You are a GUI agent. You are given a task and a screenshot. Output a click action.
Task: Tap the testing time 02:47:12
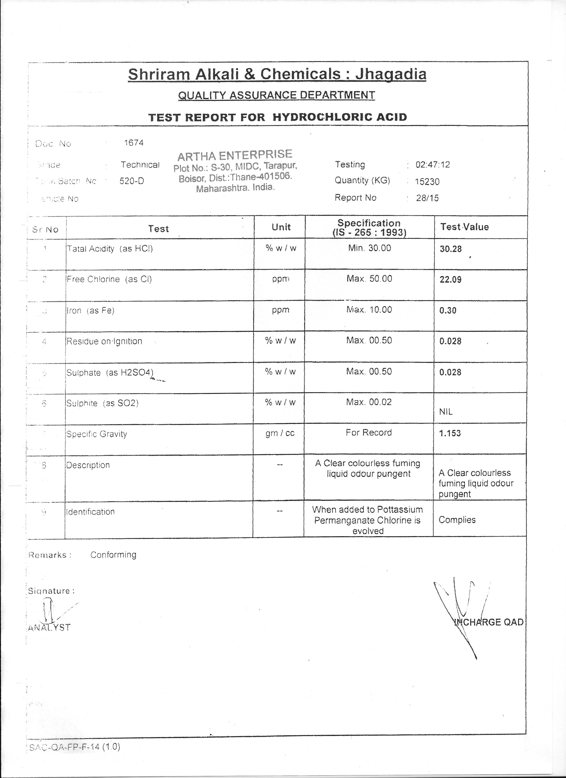pos(432,165)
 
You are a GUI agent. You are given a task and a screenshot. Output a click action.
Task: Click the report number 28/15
pos(427,198)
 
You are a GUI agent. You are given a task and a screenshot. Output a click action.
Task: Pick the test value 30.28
pos(451,249)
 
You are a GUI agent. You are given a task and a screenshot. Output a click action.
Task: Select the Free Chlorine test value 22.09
pos(450,280)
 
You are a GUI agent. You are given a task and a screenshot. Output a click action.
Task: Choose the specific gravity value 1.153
pos(450,433)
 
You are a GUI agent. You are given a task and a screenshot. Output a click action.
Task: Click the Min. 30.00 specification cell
pos(369,248)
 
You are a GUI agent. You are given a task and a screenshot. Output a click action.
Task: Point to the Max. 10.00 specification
pos(369,309)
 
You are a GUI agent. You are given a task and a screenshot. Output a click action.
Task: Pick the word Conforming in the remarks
pos(113,555)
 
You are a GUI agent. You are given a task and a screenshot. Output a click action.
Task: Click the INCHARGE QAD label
pos(489,622)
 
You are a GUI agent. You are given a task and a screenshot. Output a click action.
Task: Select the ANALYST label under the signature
pos(49,628)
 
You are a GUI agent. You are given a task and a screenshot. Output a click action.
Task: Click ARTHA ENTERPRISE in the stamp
pos(235,155)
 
